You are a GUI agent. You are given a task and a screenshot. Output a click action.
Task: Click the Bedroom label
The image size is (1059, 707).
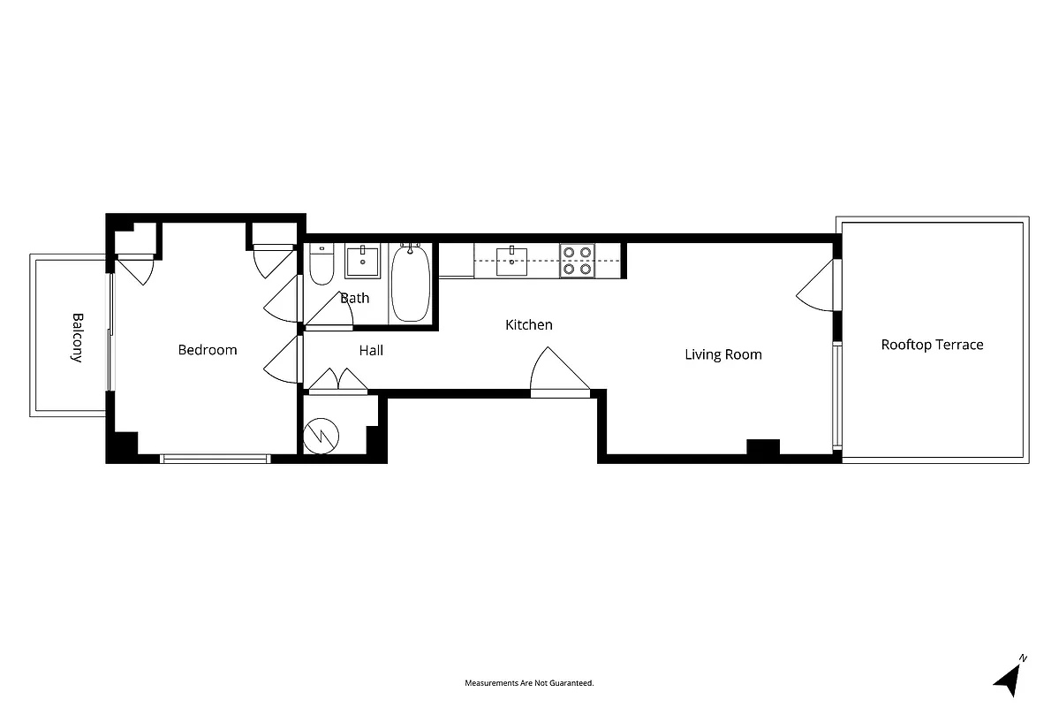[x=208, y=350]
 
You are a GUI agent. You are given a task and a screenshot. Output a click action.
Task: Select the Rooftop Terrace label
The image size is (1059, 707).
[x=932, y=345]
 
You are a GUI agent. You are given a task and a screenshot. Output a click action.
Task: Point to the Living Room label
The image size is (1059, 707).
[x=722, y=355]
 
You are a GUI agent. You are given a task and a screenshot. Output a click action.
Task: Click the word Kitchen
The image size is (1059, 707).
[x=528, y=325]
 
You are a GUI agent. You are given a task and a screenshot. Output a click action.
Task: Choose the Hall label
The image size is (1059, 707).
[x=371, y=351]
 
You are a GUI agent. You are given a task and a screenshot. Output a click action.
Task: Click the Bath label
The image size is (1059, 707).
[x=355, y=298]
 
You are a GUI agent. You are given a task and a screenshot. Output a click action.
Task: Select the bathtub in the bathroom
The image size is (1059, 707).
[x=411, y=284]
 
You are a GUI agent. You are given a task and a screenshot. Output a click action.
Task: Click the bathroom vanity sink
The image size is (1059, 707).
[x=362, y=262]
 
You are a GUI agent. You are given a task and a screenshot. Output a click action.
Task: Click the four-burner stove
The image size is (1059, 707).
[x=577, y=261]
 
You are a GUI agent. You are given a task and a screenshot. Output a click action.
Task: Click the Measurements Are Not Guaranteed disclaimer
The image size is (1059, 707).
[x=529, y=683]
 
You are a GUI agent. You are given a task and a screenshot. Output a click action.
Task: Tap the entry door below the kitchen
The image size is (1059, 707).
[x=558, y=373]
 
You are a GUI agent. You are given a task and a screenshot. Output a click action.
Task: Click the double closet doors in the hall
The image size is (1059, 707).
[x=337, y=380]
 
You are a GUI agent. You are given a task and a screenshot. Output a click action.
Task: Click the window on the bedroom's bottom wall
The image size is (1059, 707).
[x=215, y=458]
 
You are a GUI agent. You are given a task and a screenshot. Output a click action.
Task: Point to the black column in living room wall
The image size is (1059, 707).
[x=762, y=447]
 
